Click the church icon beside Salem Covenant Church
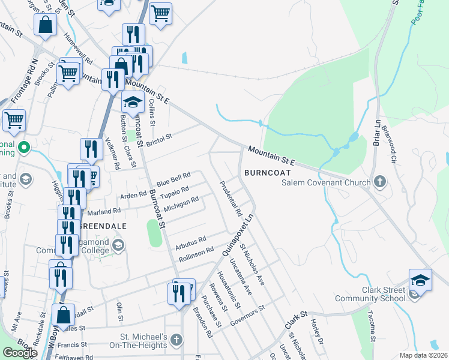[x=379, y=181]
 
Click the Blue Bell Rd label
[x=173, y=178]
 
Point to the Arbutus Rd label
[x=191, y=241]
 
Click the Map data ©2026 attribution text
[x=424, y=355]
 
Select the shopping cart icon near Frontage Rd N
[x=14, y=119]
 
